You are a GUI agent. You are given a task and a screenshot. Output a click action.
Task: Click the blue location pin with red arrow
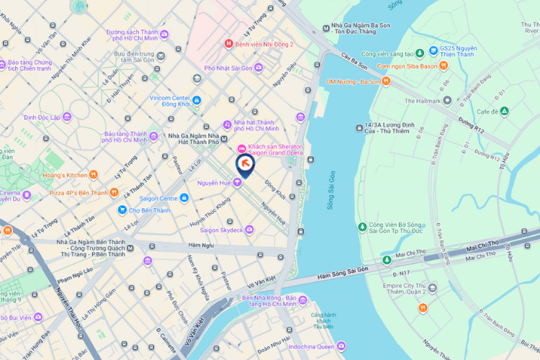[245, 165]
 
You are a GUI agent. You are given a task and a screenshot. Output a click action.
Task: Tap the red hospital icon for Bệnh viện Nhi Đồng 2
[229, 43]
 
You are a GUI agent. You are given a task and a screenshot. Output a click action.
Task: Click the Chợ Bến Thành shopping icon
[122, 210]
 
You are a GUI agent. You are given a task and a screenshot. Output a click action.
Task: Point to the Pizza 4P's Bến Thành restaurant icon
[114, 192]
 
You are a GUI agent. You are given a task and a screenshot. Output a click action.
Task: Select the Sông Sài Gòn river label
[332, 192]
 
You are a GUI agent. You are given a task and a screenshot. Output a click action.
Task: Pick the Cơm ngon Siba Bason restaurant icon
[444, 66]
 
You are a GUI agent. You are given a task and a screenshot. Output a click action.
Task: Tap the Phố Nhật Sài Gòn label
[227, 67]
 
